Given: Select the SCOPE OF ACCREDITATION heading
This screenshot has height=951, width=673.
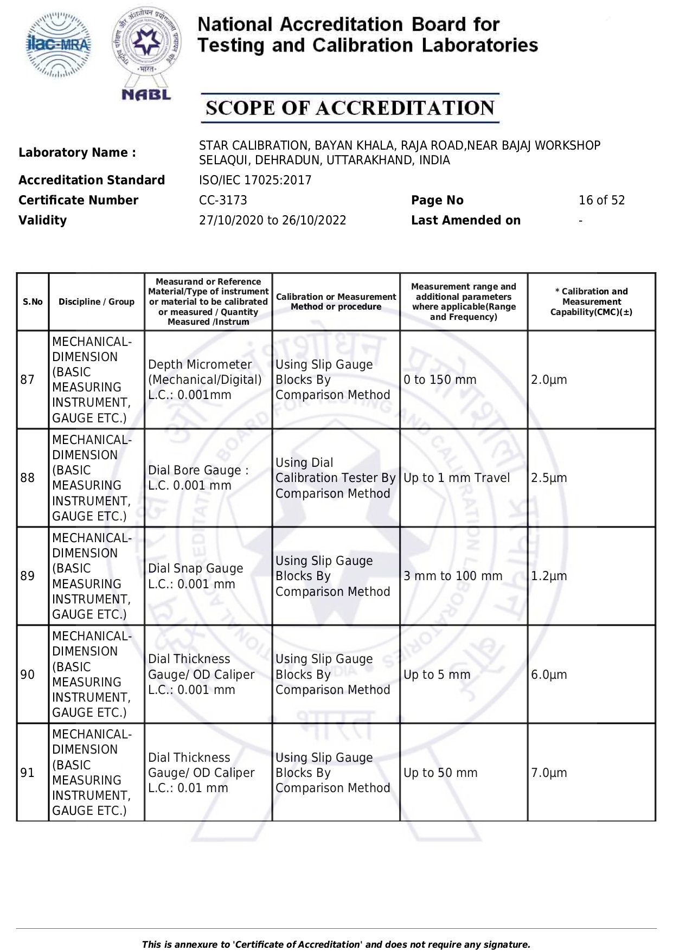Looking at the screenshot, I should pyautogui.click(x=350, y=108).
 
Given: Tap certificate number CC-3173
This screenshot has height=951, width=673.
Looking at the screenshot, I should pyautogui.click(x=223, y=200).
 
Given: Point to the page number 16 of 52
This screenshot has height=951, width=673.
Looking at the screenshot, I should pyautogui.click(x=601, y=200).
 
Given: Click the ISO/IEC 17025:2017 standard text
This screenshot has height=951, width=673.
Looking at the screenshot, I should pyautogui.click(x=255, y=180).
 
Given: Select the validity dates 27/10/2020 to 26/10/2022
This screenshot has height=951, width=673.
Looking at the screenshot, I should pyautogui.click(x=272, y=220).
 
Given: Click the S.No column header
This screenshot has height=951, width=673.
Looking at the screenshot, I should pyautogui.click(x=33, y=302).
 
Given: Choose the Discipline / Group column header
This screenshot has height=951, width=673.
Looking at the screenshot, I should pyautogui.click(x=97, y=302).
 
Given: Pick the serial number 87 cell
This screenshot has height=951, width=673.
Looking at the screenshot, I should pyautogui.click(x=28, y=380).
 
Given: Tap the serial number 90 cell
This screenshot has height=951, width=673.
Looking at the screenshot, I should pyautogui.click(x=28, y=674).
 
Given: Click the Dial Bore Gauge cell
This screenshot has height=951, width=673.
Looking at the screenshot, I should pyautogui.click(x=198, y=478).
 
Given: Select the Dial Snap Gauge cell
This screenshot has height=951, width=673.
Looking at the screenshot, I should pyautogui.click(x=195, y=576).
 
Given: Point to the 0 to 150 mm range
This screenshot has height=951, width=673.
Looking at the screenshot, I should pyautogui.click(x=440, y=380).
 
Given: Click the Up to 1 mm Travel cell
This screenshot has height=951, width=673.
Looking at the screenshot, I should pyautogui.click(x=457, y=478).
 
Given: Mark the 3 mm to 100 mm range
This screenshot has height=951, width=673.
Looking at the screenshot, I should pyautogui.click(x=453, y=576).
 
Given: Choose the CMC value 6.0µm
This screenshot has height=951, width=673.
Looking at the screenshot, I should pyautogui.click(x=549, y=674).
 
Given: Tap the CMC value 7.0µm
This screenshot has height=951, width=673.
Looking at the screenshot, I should pyautogui.click(x=549, y=773).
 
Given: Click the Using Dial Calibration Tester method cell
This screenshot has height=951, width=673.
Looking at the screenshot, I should pyautogui.click(x=335, y=478).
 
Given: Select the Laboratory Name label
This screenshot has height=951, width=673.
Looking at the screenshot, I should pyautogui.click(x=77, y=152).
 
